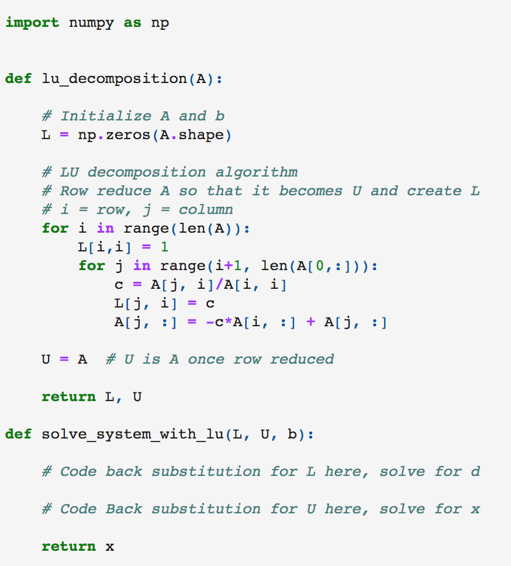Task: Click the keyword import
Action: tap(32, 23)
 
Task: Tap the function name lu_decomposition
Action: tap(114, 78)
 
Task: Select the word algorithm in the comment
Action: tap(256, 172)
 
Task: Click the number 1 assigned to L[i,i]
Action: tap(164, 247)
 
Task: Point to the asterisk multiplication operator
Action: tap(229, 322)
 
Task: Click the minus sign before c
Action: tap(210, 322)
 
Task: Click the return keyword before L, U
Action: tap(69, 396)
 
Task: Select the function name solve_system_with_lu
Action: tap(133, 434)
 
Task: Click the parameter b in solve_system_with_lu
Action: tap(292, 434)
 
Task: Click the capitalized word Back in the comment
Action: tap(124, 509)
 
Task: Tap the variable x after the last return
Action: tap(109, 547)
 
